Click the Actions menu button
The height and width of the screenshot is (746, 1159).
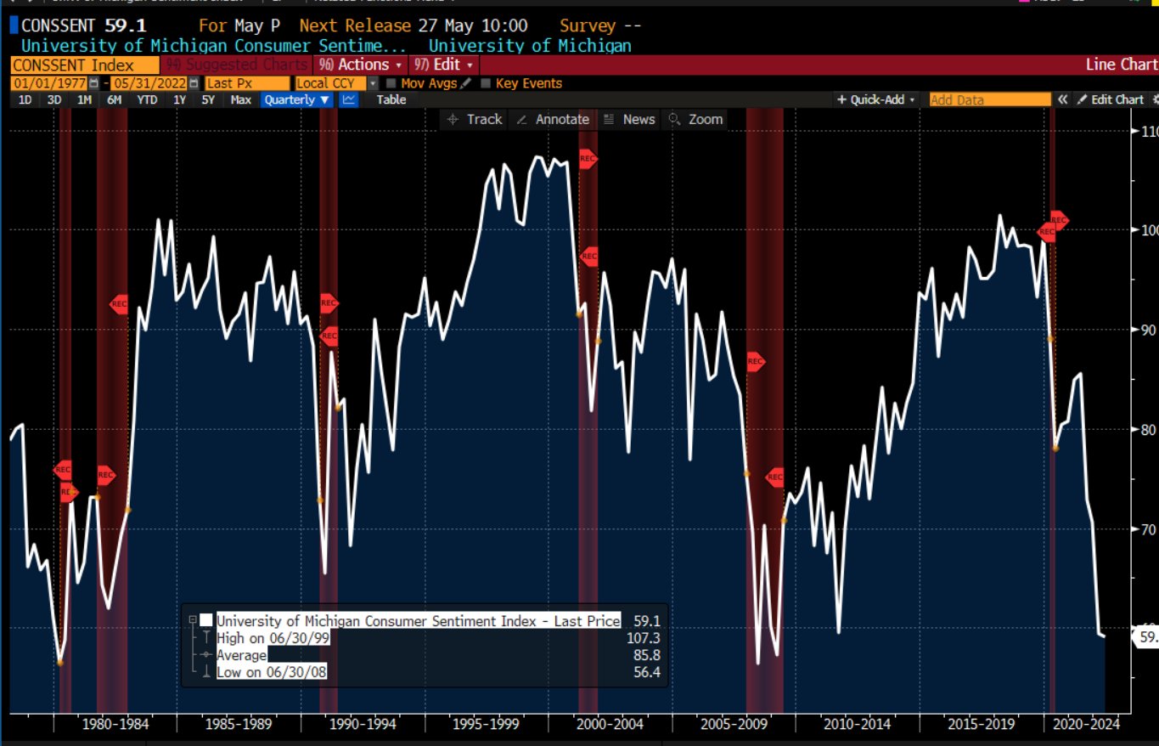click(362, 65)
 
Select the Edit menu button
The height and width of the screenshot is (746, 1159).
click(443, 65)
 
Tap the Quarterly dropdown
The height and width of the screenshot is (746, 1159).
click(296, 99)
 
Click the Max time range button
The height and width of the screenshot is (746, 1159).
click(240, 99)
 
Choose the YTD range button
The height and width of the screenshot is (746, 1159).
click(147, 99)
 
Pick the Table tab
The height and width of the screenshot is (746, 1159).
click(391, 99)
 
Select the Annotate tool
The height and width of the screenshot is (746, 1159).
click(553, 119)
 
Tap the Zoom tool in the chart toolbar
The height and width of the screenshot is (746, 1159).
click(696, 119)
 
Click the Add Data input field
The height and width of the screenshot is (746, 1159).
click(989, 99)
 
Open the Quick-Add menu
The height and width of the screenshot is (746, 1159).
click(877, 99)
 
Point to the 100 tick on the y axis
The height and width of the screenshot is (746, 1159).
click(1148, 230)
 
